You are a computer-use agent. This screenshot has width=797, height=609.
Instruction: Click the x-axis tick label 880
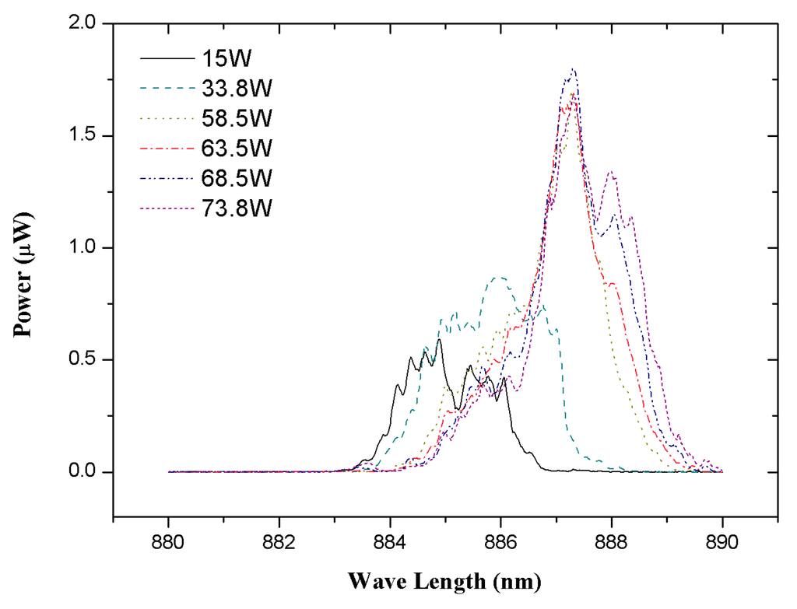[x=168, y=540]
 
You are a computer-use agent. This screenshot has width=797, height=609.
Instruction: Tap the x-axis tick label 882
[x=279, y=540]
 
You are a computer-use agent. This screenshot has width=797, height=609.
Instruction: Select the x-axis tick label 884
[x=390, y=540]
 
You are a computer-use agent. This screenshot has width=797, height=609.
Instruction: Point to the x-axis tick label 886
[x=500, y=540]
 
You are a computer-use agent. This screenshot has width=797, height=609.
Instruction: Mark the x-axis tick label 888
[x=611, y=540]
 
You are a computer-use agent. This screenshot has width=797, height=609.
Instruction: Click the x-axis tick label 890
[x=722, y=540]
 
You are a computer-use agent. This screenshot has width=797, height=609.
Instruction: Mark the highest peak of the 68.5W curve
[x=574, y=69]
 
